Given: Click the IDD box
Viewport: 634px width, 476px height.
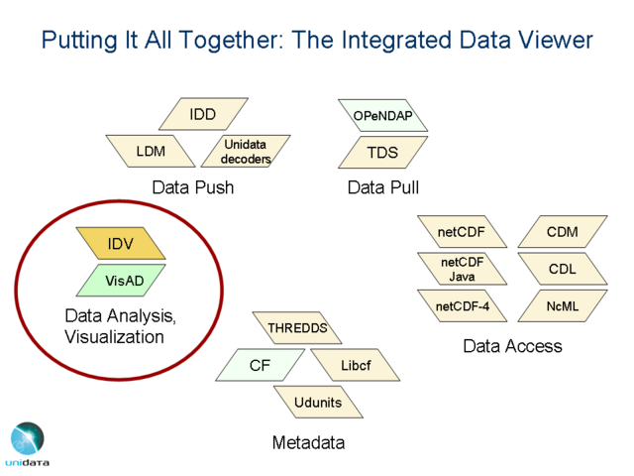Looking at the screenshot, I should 202,115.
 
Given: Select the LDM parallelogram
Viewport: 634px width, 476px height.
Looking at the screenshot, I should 151,152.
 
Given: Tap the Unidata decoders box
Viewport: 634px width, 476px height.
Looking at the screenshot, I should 245,152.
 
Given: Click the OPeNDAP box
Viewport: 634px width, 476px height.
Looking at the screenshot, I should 382,116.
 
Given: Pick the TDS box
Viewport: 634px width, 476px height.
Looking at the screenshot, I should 382,153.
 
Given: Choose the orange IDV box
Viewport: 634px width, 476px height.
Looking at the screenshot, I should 121,244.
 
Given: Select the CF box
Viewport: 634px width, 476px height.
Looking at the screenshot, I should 260,366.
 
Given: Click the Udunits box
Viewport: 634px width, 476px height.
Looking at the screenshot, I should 317,403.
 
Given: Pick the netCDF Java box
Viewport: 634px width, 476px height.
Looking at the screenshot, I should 463,269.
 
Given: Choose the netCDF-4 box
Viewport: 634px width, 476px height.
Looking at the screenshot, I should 463,306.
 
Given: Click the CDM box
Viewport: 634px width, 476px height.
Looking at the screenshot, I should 562,232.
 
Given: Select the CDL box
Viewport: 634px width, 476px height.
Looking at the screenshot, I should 562,269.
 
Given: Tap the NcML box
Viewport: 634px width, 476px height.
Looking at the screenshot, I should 562,306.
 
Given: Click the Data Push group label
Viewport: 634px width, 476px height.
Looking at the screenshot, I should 192,187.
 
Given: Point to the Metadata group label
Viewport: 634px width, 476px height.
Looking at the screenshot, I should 308,443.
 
